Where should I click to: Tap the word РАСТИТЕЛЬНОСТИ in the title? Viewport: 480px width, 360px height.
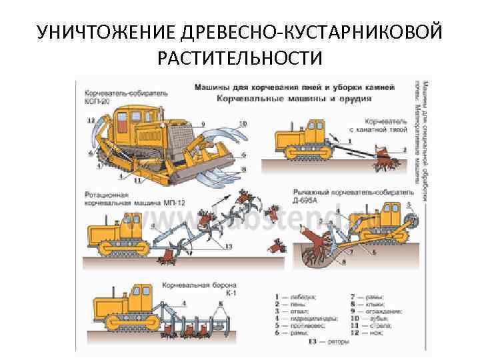pyautogui.click(x=239, y=59)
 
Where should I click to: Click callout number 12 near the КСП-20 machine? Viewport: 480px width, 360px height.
pyautogui.click(x=90, y=121)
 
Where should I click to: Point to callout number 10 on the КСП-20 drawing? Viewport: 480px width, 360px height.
pyautogui.click(x=242, y=124)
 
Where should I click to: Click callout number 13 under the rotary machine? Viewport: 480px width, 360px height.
pyautogui.click(x=229, y=247)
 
